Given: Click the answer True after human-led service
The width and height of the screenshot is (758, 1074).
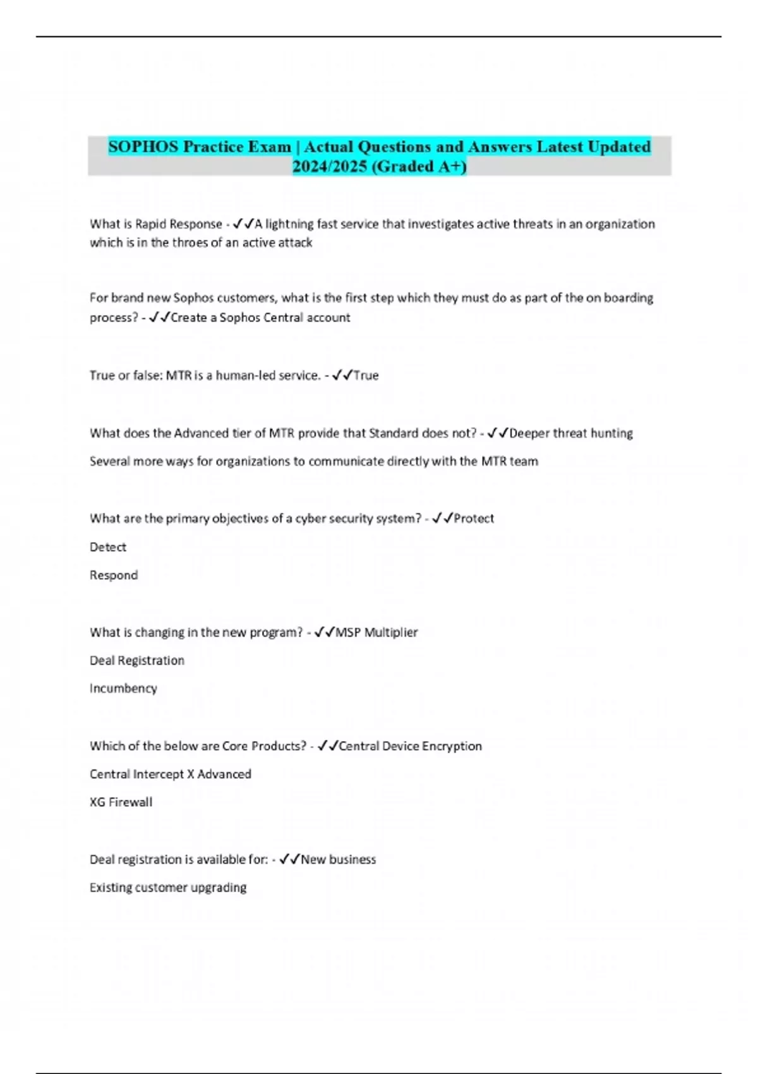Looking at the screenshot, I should (x=366, y=375).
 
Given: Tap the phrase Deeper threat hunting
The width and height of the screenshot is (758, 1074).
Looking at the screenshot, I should (x=571, y=433).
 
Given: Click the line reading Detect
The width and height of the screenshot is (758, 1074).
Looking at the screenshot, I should (x=108, y=547).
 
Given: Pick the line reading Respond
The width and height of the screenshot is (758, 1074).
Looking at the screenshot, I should (x=114, y=575).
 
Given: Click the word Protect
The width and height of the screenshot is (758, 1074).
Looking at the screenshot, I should (x=474, y=519).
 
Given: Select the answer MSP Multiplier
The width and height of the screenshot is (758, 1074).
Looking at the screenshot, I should (x=376, y=632).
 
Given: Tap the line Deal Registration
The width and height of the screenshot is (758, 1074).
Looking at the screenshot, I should (x=137, y=660).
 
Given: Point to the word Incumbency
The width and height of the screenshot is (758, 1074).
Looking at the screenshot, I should (x=123, y=688).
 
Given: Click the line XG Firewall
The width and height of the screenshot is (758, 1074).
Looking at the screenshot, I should (x=121, y=802).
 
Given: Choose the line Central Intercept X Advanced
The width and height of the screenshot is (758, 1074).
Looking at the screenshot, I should (x=171, y=774).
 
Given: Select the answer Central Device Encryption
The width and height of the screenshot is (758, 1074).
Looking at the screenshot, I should (x=411, y=746).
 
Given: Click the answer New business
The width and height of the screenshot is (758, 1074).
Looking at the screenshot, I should (x=339, y=859).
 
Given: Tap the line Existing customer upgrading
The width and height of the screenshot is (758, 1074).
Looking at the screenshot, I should (x=168, y=888).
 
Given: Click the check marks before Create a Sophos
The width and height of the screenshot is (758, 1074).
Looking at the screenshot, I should (x=160, y=317).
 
